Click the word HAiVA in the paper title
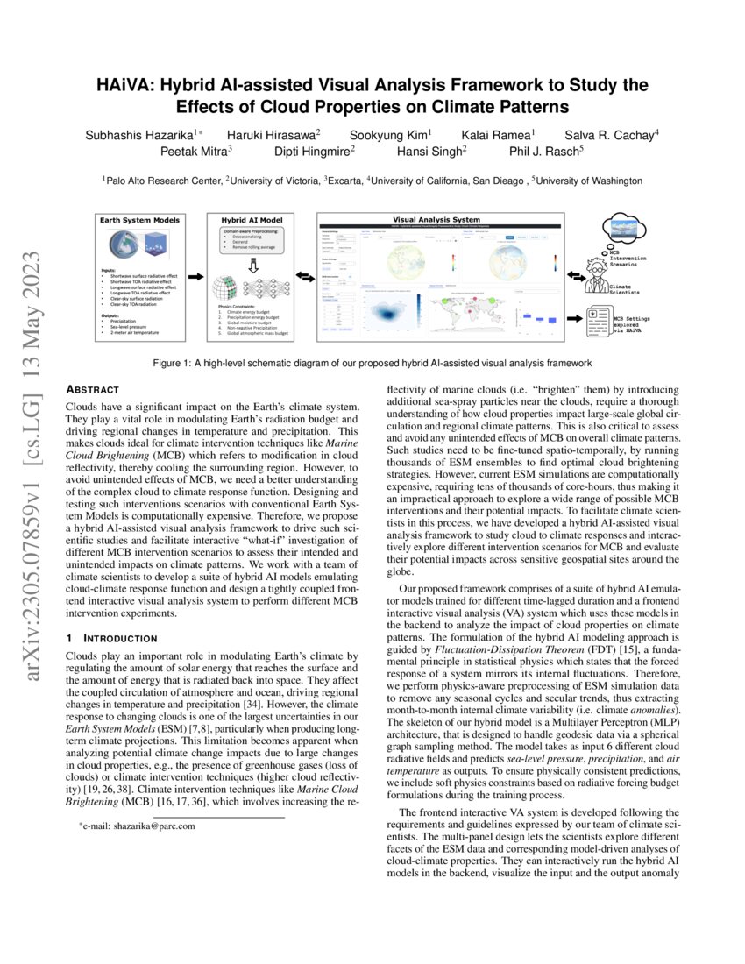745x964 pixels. pyautogui.click(x=124, y=86)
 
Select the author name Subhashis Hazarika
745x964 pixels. pyautogui.click(x=140, y=134)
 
